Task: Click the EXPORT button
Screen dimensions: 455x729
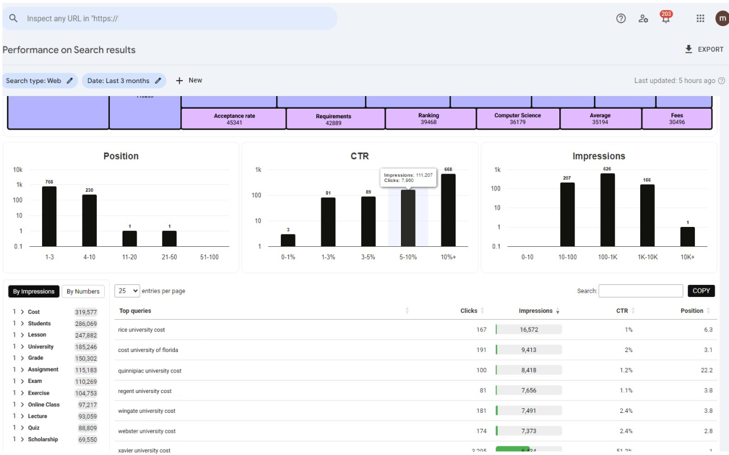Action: pos(704,49)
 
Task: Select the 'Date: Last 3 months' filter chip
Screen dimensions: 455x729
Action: pos(124,81)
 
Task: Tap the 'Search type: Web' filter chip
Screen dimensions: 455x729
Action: pos(39,81)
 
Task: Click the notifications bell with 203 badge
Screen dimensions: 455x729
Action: pos(665,18)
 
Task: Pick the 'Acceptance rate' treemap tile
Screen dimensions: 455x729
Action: pos(234,119)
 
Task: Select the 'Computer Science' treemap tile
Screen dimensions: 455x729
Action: pos(518,119)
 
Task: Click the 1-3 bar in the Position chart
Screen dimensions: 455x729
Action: pos(50,216)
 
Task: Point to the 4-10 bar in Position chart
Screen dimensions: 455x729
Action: pos(89,220)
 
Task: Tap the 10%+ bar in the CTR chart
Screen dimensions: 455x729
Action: pos(448,210)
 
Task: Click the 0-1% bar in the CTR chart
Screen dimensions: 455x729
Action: pos(288,240)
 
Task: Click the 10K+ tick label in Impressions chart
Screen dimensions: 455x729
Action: pos(687,257)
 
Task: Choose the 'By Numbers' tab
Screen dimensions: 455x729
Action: pos(83,291)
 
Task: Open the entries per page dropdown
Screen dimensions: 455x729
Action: pos(127,291)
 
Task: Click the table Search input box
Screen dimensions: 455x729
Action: pos(641,291)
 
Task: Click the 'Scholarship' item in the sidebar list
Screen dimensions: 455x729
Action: pos(43,440)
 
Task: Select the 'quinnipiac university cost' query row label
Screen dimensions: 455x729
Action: pos(150,371)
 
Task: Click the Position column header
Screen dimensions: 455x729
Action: pos(692,311)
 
